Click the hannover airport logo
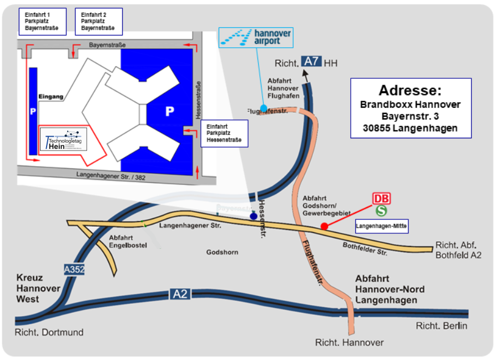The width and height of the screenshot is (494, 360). [255, 37]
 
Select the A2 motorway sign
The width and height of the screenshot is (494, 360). [180, 294]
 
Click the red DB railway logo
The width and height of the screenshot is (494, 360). [381, 199]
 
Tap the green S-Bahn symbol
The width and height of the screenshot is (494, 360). [381, 211]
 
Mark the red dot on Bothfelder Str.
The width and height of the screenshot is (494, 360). [324, 226]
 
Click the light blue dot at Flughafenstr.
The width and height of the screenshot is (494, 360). [263, 108]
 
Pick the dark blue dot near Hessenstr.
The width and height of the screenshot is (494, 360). [254, 216]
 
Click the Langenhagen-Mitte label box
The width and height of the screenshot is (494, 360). [381, 227]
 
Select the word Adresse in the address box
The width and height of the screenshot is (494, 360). [411, 91]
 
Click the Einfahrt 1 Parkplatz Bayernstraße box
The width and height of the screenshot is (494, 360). [42, 21]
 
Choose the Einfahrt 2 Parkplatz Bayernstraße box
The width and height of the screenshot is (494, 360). [98, 21]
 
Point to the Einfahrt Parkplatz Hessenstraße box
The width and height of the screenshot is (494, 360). [224, 133]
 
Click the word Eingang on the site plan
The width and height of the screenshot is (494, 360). [51, 97]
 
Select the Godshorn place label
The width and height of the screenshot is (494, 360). [222, 252]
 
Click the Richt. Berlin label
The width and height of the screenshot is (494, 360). [442, 326]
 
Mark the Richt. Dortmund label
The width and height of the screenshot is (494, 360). [49, 332]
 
